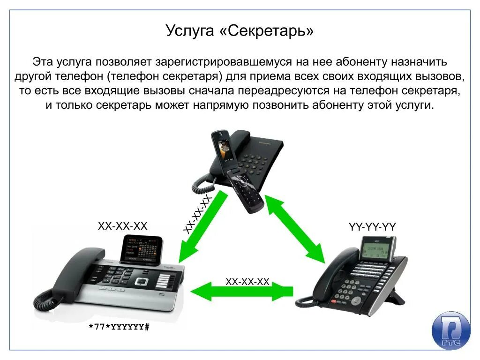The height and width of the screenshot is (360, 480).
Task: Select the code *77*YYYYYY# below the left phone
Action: pyautogui.click(x=119, y=327)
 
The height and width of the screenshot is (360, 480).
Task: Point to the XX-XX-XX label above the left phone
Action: pyautogui.click(x=122, y=226)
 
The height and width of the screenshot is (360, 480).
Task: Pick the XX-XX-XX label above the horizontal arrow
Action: pyautogui.click(x=247, y=281)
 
